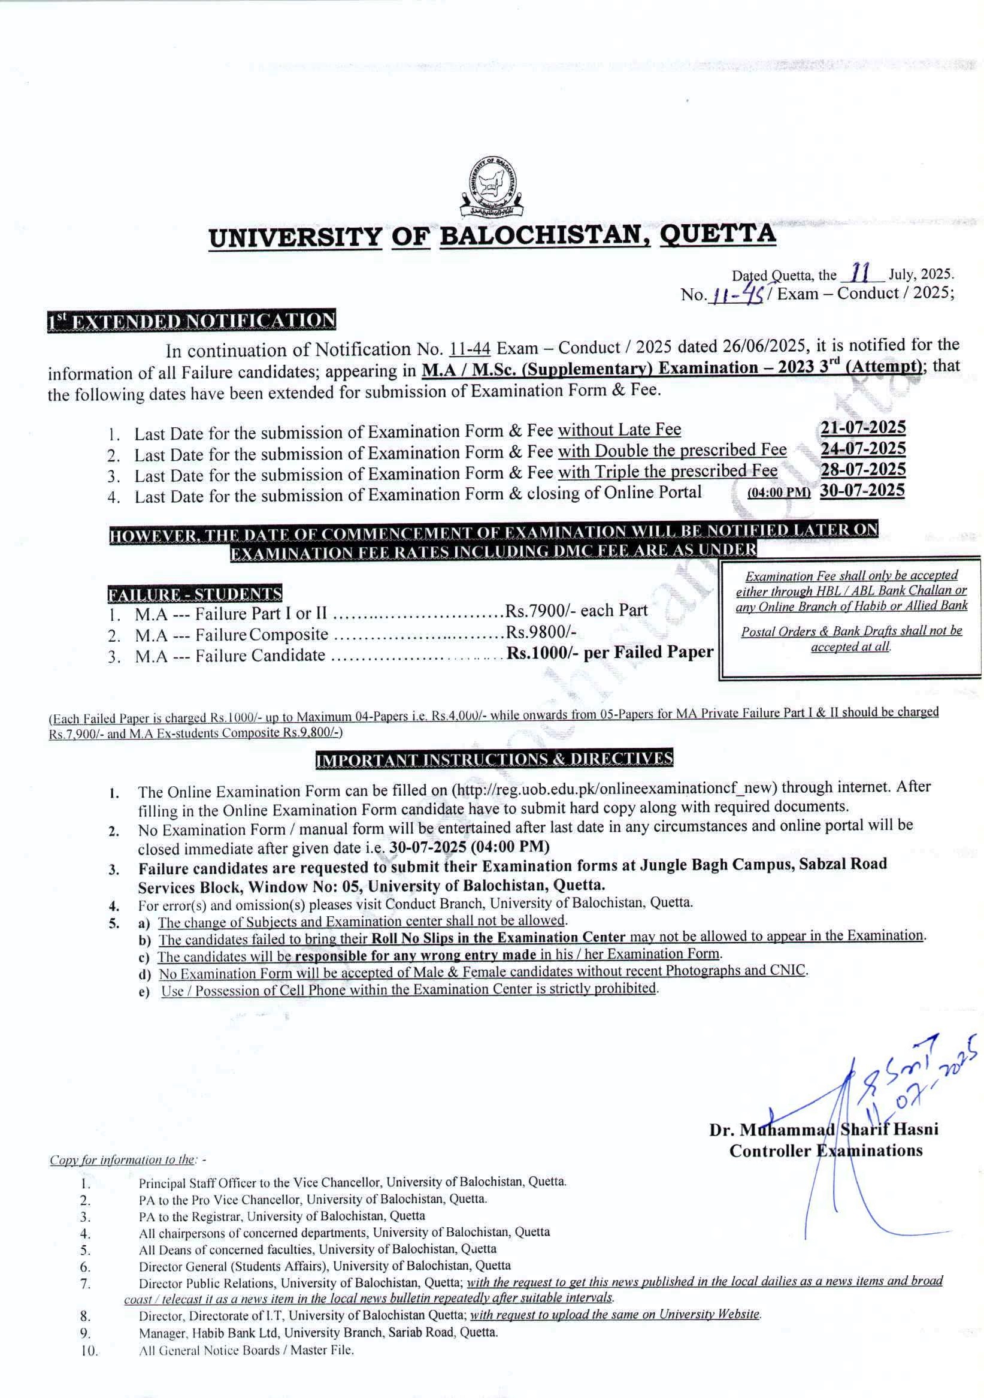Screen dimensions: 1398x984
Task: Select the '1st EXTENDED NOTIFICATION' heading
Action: coord(192,321)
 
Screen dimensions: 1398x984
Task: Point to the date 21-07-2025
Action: coord(862,427)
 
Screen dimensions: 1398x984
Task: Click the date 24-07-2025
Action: coord(862,449)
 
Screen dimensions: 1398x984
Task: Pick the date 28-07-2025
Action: coord(862,469)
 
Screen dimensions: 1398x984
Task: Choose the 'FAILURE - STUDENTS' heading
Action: coord(195,593)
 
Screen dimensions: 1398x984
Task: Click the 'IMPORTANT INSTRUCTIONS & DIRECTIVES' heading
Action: coord(494,758)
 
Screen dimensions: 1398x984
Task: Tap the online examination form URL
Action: coord(614,788)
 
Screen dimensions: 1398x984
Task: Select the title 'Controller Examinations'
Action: coord(826,1150)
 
